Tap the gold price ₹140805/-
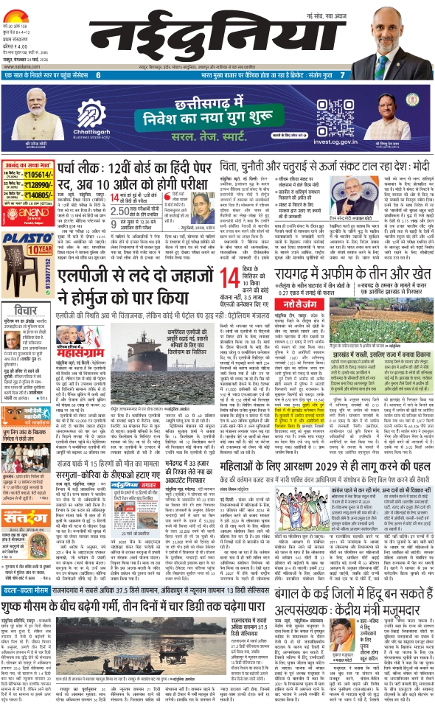point(36,195)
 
